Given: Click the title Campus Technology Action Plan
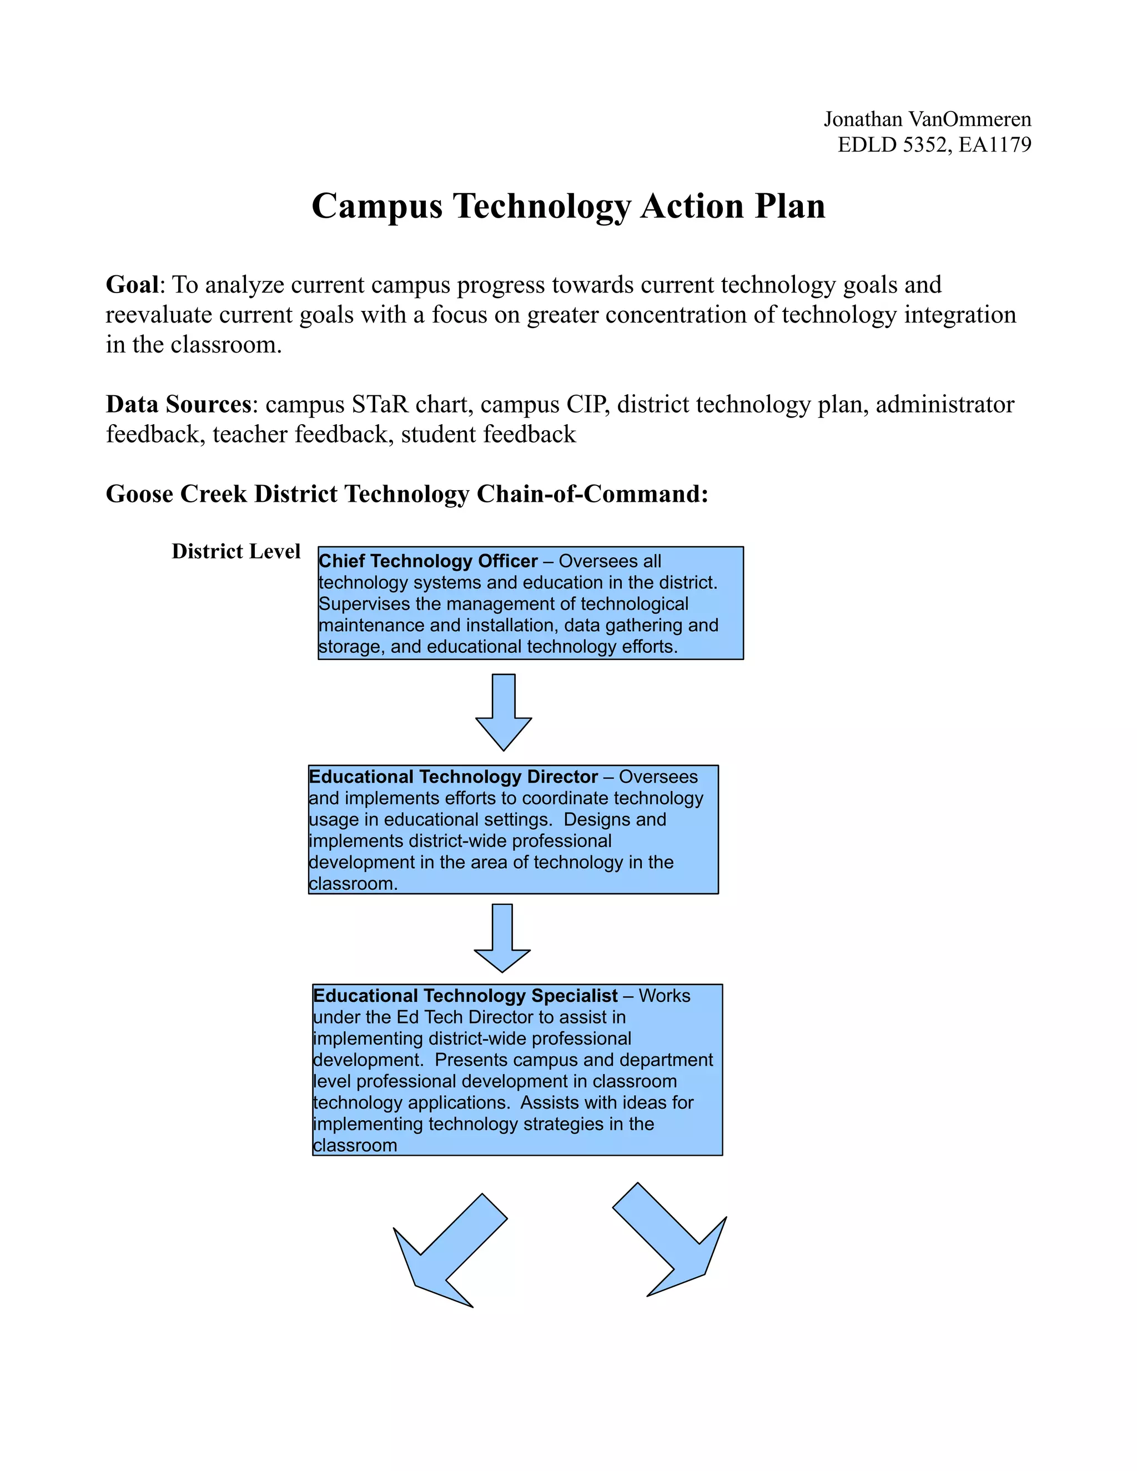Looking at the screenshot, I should point(568,206).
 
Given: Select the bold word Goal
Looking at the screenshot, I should point(132,285).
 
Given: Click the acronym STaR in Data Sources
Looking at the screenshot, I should point(380,404).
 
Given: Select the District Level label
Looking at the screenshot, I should point(236,551).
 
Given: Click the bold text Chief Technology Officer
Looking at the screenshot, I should point(427,561).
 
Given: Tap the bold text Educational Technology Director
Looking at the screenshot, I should point(452,777).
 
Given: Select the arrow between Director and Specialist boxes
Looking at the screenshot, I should point(502,938).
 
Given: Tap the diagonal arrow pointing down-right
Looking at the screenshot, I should point(670,1240).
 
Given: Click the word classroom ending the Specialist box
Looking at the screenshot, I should point(355,1146).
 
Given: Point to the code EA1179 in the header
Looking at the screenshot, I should point(995,145).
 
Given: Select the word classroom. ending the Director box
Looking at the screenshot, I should point(353,884).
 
